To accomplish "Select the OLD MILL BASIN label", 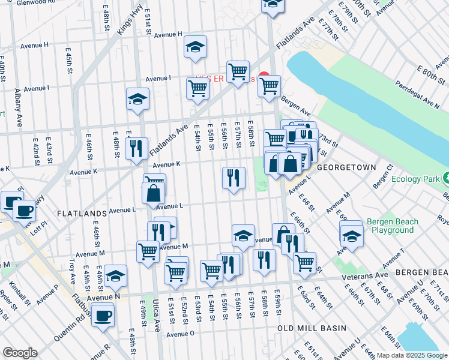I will (312, 328).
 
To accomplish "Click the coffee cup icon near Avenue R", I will (103, 314).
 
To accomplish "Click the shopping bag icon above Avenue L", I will (153, 193).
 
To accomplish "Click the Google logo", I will (20, 353).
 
